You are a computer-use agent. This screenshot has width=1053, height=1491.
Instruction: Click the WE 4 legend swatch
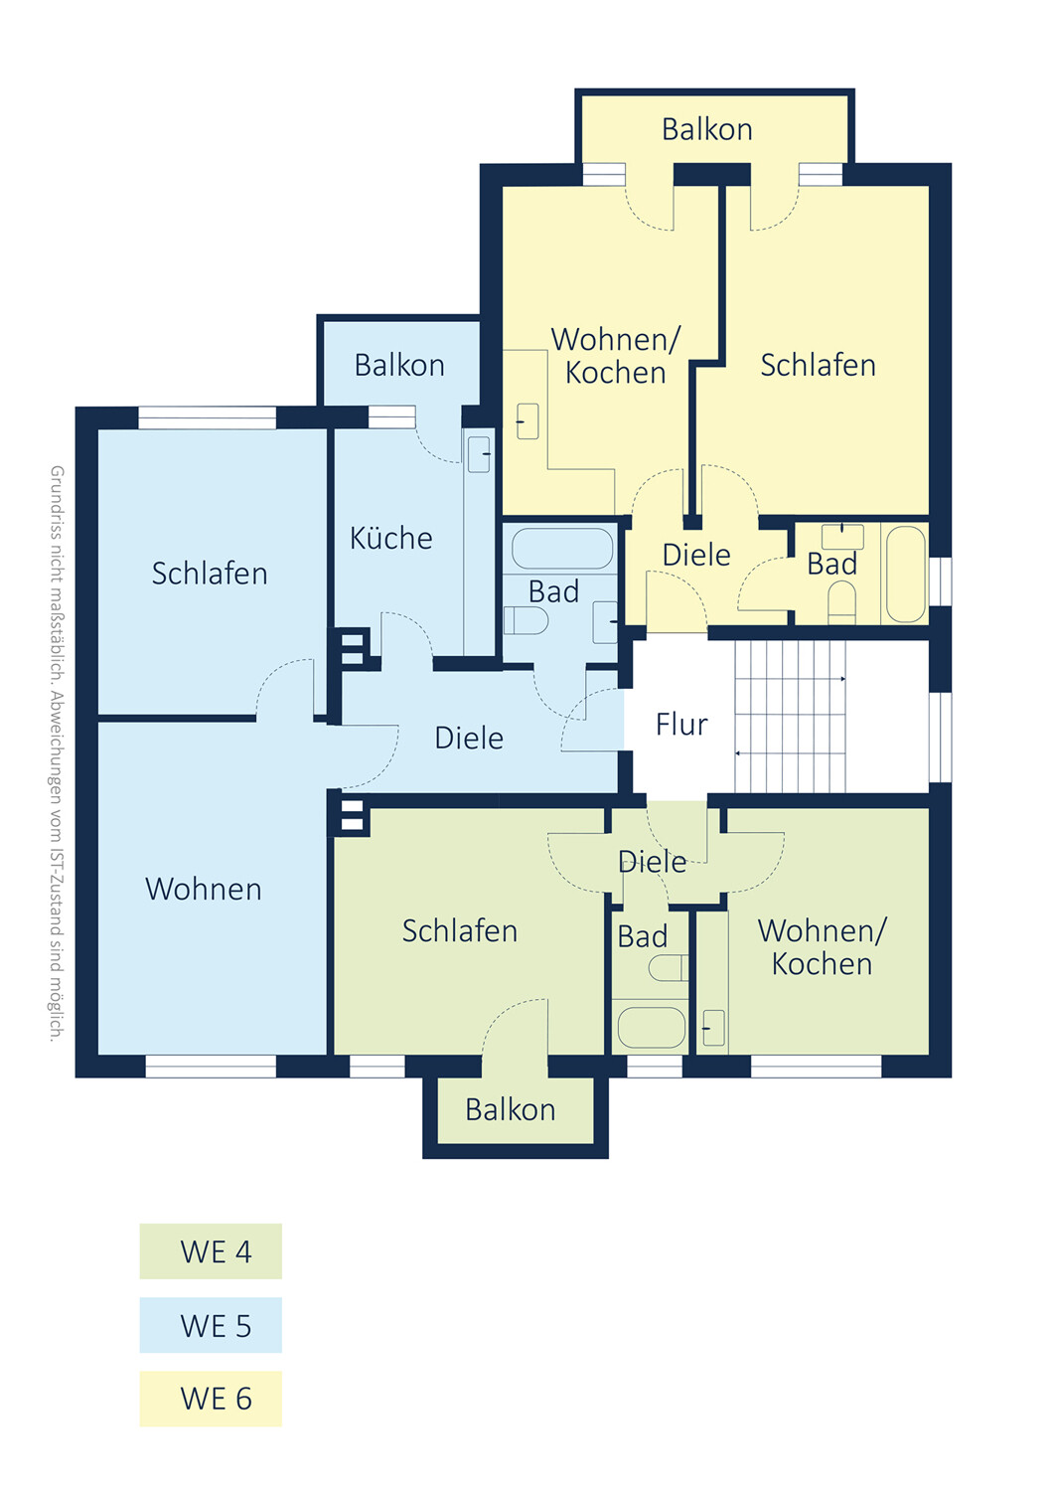pyautogui.click(x=211, y=1250)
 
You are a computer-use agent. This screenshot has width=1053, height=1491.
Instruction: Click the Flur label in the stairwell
pyautogui.click(x=681, y=725)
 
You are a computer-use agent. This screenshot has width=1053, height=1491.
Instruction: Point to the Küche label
pyautogui.click(x=391, y=537)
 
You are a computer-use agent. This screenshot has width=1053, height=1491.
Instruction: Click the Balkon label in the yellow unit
pyautogui.click(x=707, y=129)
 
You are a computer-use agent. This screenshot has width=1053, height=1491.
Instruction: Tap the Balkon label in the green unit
pyautogui.click(x=511, y=1109)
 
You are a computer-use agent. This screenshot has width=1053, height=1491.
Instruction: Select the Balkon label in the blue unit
pyautogui.click(x=399, y=365)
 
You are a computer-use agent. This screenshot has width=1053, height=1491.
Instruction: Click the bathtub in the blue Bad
pyautogui.click(x=562, y=549)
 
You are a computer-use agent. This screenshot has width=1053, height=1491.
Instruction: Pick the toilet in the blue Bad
pyautogui.click(x=526, y=620)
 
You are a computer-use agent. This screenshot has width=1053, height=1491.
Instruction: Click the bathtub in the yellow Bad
pyautogui.click(x=905, y=575)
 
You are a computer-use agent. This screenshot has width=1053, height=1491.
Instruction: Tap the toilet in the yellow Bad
pyautogui.click(x=842, y=603)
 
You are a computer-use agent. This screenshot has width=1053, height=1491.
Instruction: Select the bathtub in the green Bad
pyautogui.click(x=652, y=1027)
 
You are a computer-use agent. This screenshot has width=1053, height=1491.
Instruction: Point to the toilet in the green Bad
pyautogui.click(x=668, y=968)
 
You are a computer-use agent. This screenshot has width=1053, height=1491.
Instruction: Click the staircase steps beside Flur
pyautogui.click(x=791, y=717)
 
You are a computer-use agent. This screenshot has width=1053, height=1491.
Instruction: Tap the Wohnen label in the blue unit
pyautogui.click(x=204, y=889)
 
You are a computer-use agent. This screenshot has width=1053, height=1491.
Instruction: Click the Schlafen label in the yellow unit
pyautogui.click(x=819, y=365)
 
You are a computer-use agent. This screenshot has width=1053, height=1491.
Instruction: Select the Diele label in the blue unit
pyautogui.click(x=469, y=738)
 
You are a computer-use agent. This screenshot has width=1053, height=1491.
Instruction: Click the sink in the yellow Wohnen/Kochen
pyautogui.click(x=527, y=420)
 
